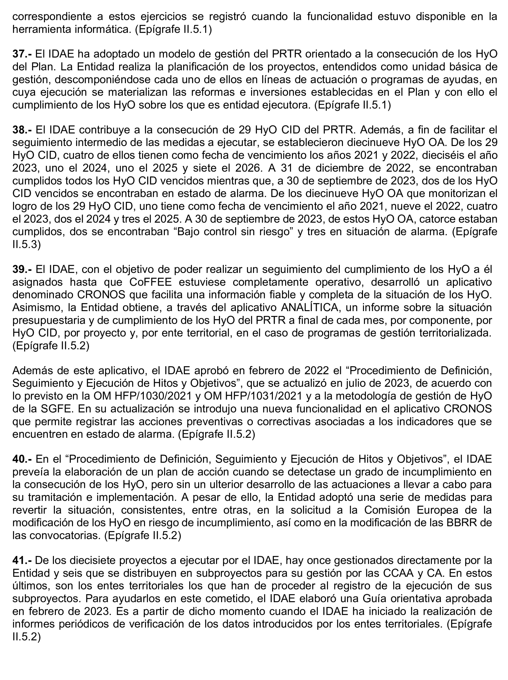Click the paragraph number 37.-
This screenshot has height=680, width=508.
pos(22,54)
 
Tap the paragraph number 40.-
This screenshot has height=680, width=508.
pos(22,459)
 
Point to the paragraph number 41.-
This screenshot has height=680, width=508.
pos(22,560)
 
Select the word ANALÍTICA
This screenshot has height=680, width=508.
pos(304,307)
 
